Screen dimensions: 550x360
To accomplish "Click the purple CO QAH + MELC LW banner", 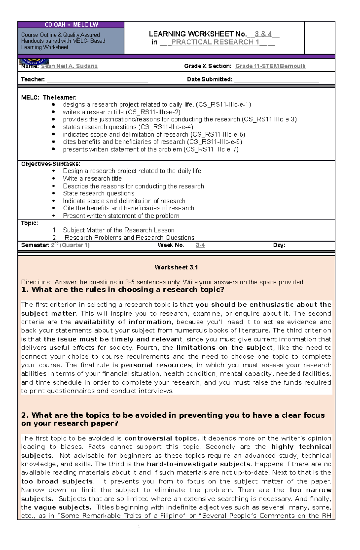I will coord(71,25).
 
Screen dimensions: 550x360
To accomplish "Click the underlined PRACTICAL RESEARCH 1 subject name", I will coord(215,42).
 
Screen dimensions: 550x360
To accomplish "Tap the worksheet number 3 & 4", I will coord(263,34).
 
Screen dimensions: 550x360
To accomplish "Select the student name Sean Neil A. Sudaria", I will coord(69,66).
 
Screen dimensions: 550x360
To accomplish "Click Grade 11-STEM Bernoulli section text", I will coord(270,66).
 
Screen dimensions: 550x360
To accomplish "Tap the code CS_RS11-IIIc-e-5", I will coord(218,135).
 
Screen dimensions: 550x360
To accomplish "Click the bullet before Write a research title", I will coord(54,179).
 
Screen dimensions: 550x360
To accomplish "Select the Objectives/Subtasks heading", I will coord(51,164).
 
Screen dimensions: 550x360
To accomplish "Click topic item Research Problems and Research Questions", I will coord(130,238).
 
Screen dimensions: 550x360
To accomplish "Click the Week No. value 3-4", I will coord(200,245).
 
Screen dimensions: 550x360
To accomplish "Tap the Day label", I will coord(279,245).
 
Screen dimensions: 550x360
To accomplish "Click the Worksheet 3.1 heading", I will coord(176,267).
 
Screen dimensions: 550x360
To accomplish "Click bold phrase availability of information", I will coord(123,322).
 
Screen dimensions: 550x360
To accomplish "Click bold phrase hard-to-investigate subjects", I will coord(198,464).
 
